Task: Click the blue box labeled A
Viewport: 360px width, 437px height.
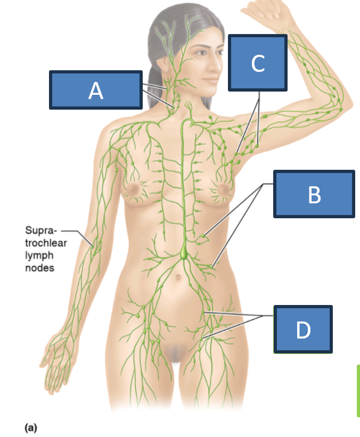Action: [96, 90]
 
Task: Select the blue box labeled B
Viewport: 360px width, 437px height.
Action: [314, 194]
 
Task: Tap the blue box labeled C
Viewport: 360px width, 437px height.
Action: [258, 62]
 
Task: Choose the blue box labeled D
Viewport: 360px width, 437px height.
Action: [303, 329]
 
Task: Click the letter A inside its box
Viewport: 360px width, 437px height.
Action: [96, 91]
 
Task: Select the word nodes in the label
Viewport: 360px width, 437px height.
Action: [39, 268]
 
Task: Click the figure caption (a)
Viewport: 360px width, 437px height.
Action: [31, 426]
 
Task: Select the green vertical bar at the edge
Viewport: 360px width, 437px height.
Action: [358, 390]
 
